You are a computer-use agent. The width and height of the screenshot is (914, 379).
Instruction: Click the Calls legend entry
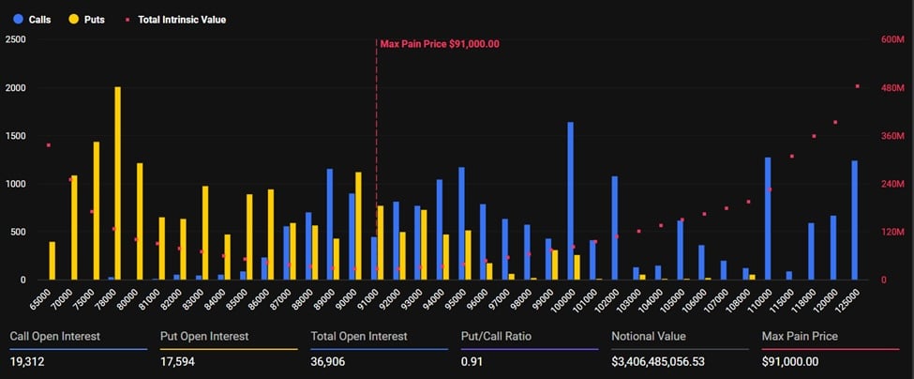[x=32, y=19]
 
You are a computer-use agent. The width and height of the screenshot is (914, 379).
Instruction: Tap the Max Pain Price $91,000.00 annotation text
[x=439, y=44]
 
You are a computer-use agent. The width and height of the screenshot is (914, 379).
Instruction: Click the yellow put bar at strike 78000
[x=117, y=183]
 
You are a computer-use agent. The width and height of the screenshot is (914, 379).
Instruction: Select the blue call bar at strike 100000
[x=570, y=201]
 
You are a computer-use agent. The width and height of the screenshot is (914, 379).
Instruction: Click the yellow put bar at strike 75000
[x=96, y=210]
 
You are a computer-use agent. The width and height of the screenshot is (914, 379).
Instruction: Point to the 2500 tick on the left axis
[x=16, y=39]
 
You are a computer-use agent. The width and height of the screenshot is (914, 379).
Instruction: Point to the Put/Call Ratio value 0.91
[x=472, y=361]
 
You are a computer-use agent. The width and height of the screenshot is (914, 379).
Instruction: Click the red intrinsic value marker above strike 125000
[x=857, y=86]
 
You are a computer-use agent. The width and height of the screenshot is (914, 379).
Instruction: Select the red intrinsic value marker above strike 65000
[x=48, y=145]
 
